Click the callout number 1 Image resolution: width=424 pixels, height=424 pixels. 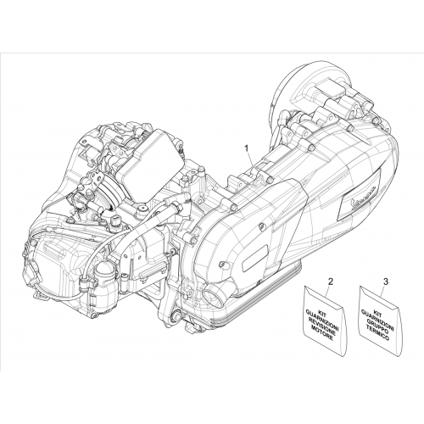point(247,148)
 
